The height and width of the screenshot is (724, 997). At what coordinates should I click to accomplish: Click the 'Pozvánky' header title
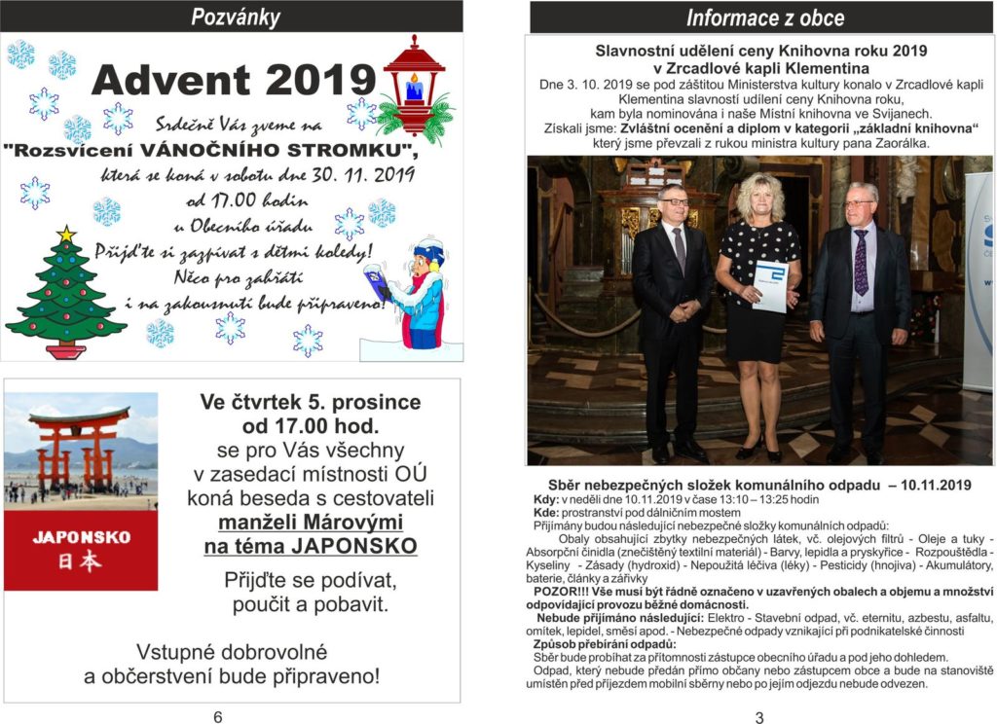235,17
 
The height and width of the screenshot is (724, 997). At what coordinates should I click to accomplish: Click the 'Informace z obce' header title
764,18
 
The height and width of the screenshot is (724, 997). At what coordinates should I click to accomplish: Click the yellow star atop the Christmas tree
66,235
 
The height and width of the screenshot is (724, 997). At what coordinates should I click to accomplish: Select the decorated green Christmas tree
65,297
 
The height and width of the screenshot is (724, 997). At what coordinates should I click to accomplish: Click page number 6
217,716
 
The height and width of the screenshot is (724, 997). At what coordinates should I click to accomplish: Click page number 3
759,717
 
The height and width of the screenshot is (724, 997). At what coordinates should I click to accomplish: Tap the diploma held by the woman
771,286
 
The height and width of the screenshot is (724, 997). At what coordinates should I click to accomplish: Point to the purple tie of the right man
861,262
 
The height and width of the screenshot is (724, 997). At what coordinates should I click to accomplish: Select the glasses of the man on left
674,201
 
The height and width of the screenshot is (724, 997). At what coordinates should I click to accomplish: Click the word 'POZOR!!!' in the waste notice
556,591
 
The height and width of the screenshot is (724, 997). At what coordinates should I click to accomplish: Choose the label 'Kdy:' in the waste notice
546,500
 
